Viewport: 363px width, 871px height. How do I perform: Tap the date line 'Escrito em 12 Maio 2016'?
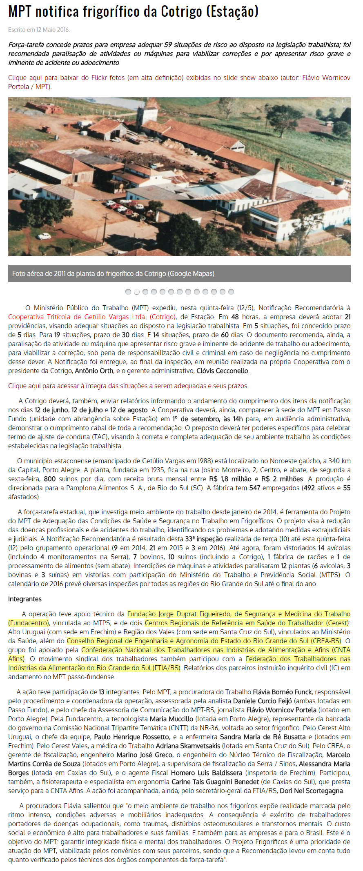[x=39, y=30]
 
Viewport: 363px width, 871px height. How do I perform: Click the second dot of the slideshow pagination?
[x=137, y=292]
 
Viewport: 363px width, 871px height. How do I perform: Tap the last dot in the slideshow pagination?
[x=231, y=292]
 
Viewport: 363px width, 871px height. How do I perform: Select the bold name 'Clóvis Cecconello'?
[x=223, y=371]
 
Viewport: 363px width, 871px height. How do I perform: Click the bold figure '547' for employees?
[x=255, y=488]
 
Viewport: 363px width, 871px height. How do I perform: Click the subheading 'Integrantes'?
[x=25, y=599]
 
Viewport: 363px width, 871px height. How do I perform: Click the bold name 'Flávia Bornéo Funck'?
[x=282, y=692]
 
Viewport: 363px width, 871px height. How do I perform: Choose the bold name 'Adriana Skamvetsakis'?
[x=188, y=746]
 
